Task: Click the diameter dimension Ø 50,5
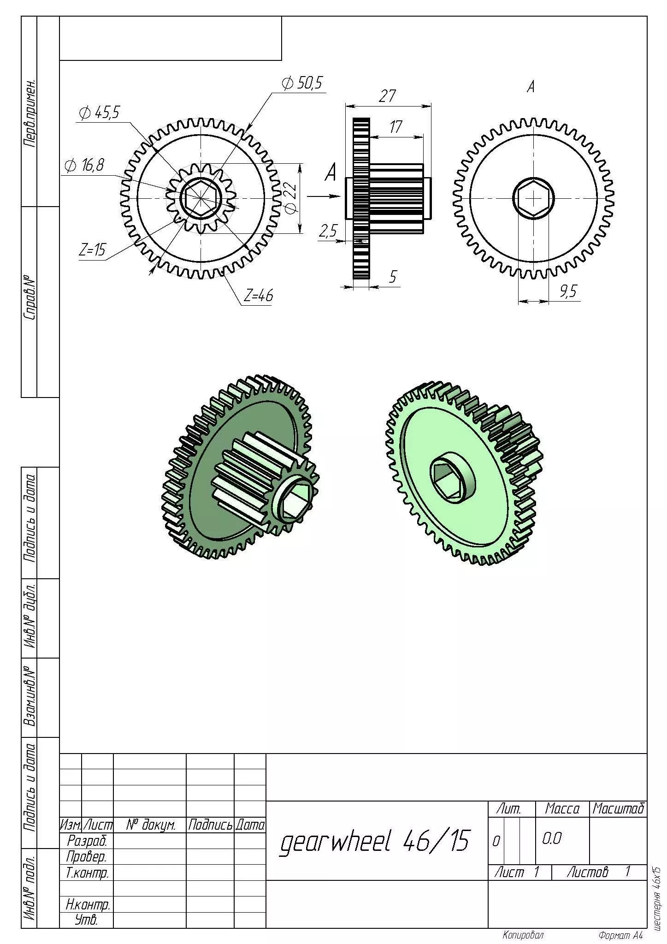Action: (302, 83)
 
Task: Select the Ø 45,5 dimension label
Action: (99, 113)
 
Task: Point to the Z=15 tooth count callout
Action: (92, 250)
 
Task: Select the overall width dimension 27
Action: (387, 96)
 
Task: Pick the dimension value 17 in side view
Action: (395, 127)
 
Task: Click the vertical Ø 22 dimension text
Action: (290, 198)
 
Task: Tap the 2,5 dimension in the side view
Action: (328, 231)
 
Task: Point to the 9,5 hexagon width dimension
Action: (568, 291)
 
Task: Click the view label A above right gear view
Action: (531, 86)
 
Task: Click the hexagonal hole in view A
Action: (533, 198)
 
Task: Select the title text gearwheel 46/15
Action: (374, 840)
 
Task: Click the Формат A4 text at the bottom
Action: (620, 935)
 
